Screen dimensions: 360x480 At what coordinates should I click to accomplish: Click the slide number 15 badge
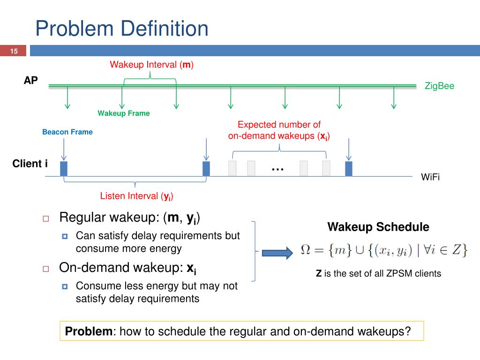coord(14,51)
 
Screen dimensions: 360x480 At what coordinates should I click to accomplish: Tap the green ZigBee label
coord(439,86)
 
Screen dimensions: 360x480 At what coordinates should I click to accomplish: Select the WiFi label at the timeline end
coord(430,177)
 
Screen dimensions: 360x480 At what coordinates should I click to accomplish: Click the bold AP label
coord(31,81)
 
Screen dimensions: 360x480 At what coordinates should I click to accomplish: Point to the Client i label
coord(30,164)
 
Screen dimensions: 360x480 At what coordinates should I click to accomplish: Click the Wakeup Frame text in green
coord(124,113)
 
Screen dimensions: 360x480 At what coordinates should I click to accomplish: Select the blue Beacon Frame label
coord(67,132)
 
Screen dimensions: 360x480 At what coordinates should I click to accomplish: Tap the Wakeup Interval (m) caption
coord(152,64)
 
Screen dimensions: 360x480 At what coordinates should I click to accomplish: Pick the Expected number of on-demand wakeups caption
coord(279,130)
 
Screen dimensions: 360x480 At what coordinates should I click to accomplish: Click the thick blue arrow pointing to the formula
coord(277,253)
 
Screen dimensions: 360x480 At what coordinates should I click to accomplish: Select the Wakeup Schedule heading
coord(378,227)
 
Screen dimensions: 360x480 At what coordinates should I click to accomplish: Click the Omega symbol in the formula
coord(305,250)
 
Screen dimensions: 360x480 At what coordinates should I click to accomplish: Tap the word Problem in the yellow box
coord(89,331)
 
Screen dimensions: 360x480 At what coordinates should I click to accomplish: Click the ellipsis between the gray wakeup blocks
coord(277,169)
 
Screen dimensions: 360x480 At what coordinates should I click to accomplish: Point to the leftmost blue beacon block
coord(64,168)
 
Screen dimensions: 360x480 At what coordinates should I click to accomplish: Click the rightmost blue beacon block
coord(348,168)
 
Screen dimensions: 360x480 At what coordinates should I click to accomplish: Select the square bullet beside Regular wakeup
coord(46,218)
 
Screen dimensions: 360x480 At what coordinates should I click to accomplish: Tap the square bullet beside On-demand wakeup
coord(46,269)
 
